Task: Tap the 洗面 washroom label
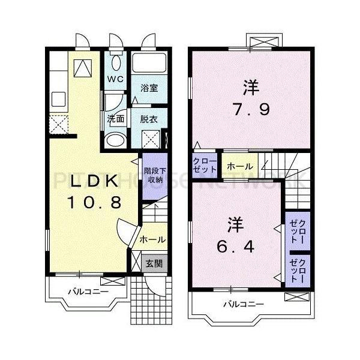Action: coord(115,119)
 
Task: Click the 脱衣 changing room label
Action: coord(149,119)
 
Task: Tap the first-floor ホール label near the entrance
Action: coord(152,239)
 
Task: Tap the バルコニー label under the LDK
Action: coord(88,292)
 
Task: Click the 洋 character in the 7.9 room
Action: coord(250,88)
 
